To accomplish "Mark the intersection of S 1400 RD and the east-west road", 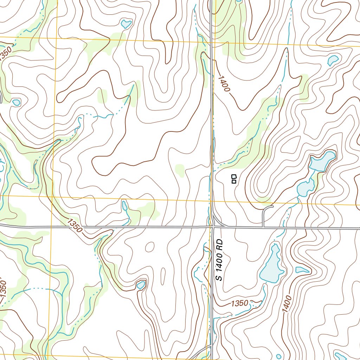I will point(213,227).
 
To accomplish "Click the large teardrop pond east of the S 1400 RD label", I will point(272,265).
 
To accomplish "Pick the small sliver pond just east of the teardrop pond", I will point(302,270).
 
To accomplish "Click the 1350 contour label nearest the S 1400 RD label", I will point(240,303).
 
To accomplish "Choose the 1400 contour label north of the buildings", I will point(223,84).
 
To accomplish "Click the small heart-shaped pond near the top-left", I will point(126,24).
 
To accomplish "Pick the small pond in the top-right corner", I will point(333,60).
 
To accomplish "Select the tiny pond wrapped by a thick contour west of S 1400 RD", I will point(141,284).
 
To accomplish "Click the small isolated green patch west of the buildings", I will point(180,170).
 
